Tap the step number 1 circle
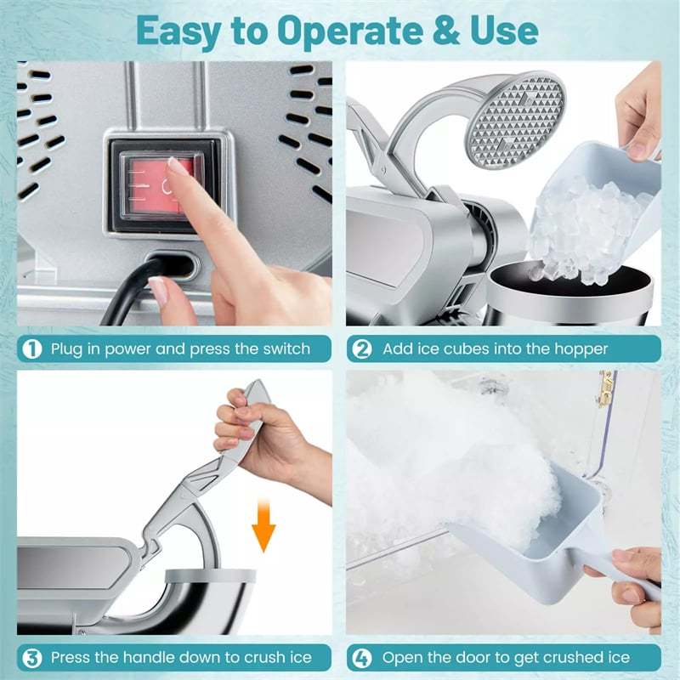31,348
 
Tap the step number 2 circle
363,348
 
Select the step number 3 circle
31,657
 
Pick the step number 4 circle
363,657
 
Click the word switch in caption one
286,348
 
